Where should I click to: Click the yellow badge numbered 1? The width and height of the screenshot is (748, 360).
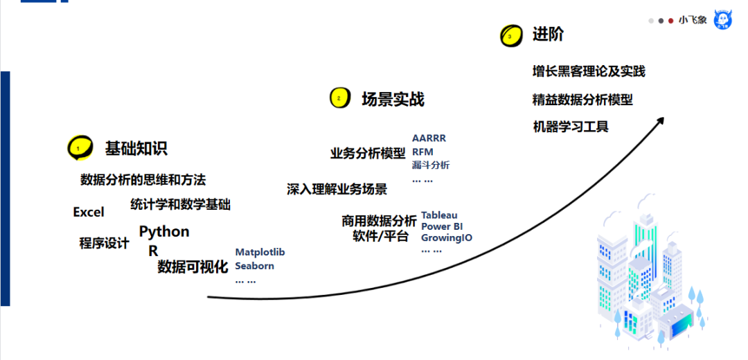(x=80, y=147)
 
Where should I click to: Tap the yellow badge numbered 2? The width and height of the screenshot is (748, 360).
(x=339, y=98)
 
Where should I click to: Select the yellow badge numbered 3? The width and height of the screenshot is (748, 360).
(x=510, y=35)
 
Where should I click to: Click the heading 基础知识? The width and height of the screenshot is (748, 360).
(x=136, y=148)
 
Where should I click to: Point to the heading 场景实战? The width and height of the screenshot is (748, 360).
(x=393, y=99)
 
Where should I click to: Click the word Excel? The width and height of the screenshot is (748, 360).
(x=89, y=212)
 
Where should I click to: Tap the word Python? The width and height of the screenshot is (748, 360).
(x=164, y=231)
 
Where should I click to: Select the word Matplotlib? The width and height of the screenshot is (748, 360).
(x=260, y=252)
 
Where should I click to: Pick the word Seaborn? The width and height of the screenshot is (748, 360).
(x=254, y=266)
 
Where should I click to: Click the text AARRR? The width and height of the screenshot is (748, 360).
(x=429, y=138)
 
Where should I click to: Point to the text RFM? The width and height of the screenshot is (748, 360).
(x=422, y=152)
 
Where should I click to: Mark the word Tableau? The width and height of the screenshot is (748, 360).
(x=439, y=215)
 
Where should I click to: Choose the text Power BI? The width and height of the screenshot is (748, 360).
(x=441, y=226)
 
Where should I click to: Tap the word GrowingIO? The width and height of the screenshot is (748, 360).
(x=447, y=237)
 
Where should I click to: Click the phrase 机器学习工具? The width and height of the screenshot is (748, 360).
(x=571, y=127)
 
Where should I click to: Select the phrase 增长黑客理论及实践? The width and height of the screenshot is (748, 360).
(x=589, y=71)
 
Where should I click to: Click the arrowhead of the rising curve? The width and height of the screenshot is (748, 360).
(x=660, y=120)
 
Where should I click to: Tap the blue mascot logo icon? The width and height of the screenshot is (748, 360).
(x=724, y=20)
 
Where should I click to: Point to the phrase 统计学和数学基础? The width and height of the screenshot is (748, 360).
(x=180, y=204)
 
